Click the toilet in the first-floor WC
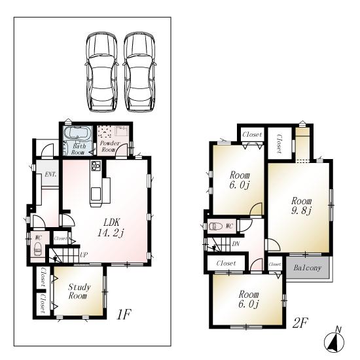pos(37,249)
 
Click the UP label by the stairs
pos(84,254)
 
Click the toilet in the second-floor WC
pos(215,226)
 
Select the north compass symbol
pos(334,341)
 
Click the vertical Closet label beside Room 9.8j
pos(278,144)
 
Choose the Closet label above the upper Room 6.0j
pos(252,135)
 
